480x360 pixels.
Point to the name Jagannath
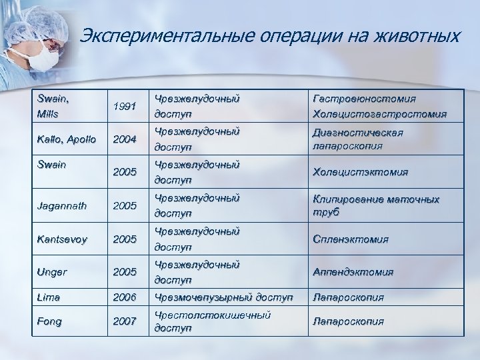[x=61, y=206]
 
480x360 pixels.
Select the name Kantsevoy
[x=61, y=239]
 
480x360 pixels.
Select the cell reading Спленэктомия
[x=349, y=239]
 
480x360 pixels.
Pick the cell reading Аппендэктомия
[x=352, y=272]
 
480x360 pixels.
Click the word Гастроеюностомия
[x=363, y=99]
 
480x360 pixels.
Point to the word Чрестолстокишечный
[x=212, y=315]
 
